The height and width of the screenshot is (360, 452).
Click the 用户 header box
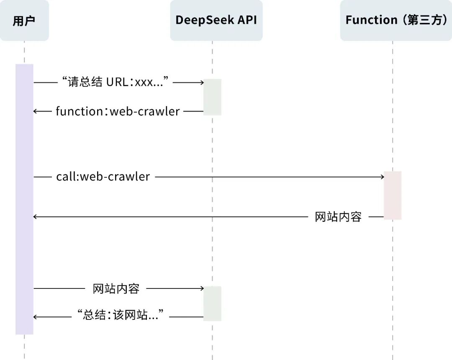(24, 20)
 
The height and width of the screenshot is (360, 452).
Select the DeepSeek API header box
(216, 20)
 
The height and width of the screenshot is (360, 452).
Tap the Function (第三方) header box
(396, 20)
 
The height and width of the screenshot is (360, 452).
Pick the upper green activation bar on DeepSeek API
(212, 97)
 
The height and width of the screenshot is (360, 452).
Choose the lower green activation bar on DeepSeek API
(212, 304)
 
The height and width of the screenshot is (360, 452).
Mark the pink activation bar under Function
(393, 195)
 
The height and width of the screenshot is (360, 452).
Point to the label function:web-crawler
(118, 112)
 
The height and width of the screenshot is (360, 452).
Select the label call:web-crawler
(103, 177)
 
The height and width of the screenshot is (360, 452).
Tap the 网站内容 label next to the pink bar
(338, 217)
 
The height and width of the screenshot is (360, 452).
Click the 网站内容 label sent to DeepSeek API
(116, 289)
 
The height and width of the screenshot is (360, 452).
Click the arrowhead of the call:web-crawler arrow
(382, 177)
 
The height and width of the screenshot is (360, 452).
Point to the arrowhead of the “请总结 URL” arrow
(201, 83)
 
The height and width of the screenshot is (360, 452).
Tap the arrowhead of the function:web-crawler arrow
(36, 112)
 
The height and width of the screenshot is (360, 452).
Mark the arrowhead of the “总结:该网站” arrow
(36, 317)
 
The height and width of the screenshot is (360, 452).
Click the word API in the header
(247, 20)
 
